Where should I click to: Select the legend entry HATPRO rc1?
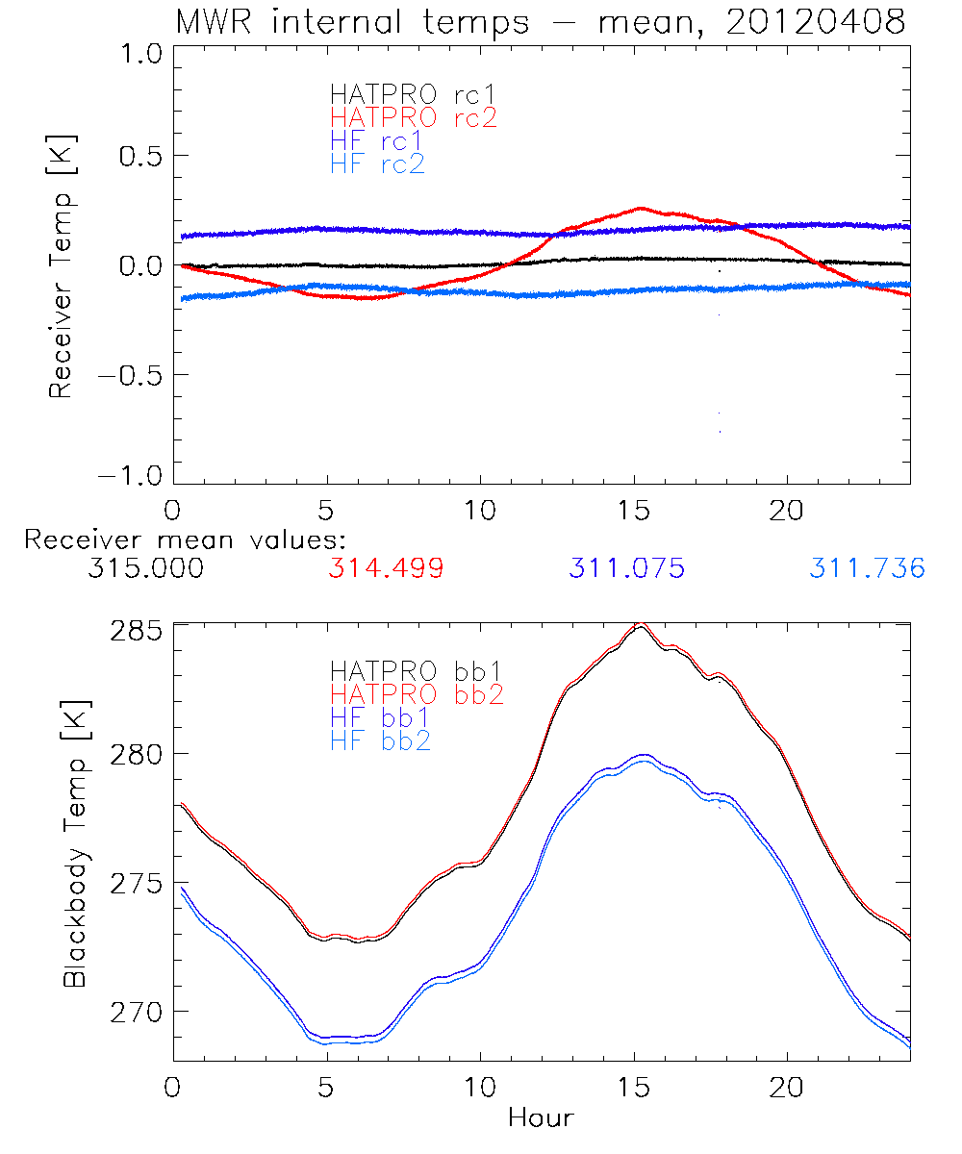coord(414,95)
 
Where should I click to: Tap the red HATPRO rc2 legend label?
coord(414,118)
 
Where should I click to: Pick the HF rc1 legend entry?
coord(377,141)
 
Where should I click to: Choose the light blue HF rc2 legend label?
coord(377,164)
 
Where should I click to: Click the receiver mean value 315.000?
coord(145,569)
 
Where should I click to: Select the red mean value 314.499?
coord(386,569)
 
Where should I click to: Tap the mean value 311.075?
coord(626,569)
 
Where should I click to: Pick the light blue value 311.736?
coord(867,569)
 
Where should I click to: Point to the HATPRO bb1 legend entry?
coord(416,670)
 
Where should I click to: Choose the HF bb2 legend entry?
coord(379,740)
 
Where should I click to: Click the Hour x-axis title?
coord(541,1118)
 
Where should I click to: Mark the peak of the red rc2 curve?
coord(640,207)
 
